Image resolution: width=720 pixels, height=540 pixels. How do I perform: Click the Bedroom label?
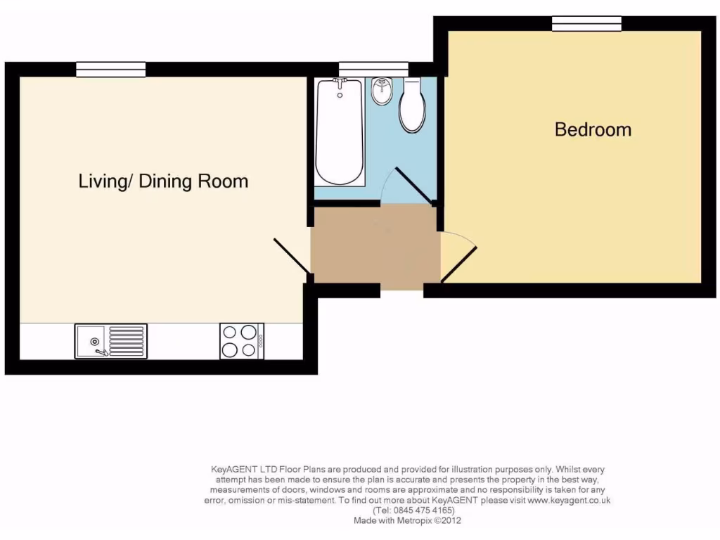pyautogui.click(x=593, y=129)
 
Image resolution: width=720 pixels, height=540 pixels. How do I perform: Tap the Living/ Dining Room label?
pyautogui.click(x=163, y=181)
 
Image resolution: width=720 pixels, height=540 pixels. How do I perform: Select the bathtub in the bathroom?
pyautogui.click(x=340, y=134)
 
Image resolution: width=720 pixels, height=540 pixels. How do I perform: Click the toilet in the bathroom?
pyautogui.click(x=413, y=107)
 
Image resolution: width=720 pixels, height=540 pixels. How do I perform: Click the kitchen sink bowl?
pyautogui.click(x=91, y=341)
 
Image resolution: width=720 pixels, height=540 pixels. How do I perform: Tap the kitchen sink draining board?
pyautogui.click(x=127, y=341)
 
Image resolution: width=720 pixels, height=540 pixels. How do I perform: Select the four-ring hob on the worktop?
pyautogui.click(x=241, y=341)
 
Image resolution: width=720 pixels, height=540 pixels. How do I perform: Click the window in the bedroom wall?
pyautogui.click(x=586, y=23)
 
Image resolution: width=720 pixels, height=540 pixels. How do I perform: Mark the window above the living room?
pyautogui.click(x=110, y=69)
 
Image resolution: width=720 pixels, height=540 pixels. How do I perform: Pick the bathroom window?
pyautogui.click(x=373, y=69)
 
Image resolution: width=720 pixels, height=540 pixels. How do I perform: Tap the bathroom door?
pyautogui.click(x=415, y=185)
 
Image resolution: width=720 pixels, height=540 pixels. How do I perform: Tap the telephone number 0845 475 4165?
pyautogui.click(x=413, y=510)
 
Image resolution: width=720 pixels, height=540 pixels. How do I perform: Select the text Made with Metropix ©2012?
pyautogui.click(x=407, y=521)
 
